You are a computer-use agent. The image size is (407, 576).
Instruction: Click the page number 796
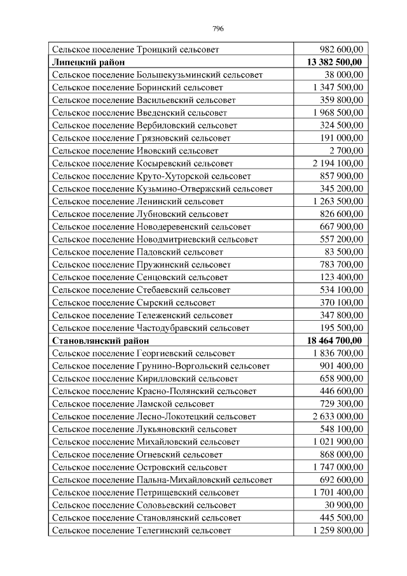[x=217, y=29]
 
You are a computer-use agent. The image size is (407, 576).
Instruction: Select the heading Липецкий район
[x=88, y=62]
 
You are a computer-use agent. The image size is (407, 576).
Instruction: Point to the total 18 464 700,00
[x=334, y=341]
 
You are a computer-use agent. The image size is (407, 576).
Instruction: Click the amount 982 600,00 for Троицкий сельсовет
[x=341, y=49]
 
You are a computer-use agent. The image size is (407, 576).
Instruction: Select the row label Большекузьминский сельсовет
[x=157, y=74]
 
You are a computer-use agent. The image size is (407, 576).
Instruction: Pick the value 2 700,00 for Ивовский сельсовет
[x=346, y=151]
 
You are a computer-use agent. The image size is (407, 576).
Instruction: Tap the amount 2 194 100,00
[x=338, y=164]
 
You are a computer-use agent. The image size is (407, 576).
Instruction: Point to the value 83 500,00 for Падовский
[x=343, y=252]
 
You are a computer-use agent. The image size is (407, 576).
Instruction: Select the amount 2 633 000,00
[x=338, y=416]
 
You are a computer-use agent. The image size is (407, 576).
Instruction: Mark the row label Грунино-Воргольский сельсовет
[x=161, y=366]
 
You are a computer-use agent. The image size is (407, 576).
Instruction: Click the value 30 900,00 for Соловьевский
[x=343, y=505]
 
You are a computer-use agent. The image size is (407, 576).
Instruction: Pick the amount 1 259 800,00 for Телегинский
[x=338, y=530]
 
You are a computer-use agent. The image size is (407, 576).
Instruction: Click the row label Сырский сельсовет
[x=134, y=302]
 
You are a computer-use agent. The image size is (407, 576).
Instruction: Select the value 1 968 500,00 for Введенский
[x=338, y=113]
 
